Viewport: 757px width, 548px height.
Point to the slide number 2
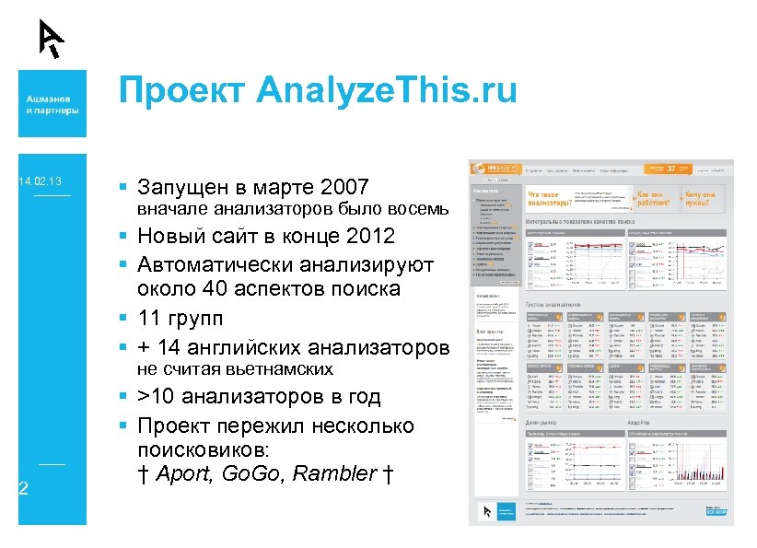[x=24, y=488]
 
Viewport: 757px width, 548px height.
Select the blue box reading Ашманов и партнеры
[x=52, y=104]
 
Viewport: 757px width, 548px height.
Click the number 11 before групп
[x=151, y=319]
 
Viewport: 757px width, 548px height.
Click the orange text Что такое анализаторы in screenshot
[x=549, y=200]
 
